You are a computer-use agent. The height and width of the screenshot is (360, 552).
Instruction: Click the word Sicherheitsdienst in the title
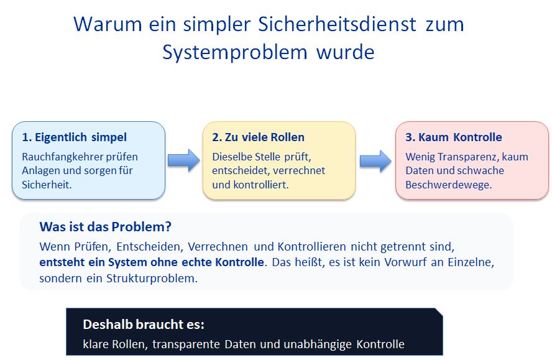click(x=338, y=24)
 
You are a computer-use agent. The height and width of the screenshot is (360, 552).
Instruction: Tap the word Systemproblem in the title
click(x=235, y=53)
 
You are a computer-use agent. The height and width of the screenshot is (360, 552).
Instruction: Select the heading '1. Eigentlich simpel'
click(x=74, y=137)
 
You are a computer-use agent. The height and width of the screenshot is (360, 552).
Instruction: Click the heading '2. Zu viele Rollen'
click(x=258, y=137)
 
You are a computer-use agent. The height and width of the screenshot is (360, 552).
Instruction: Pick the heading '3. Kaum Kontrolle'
click(x=453, y=137)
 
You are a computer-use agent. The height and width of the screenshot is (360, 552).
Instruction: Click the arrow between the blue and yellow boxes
click(x=184, y=160)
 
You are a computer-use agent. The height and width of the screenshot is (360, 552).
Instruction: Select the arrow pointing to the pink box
click(x=375, y=161)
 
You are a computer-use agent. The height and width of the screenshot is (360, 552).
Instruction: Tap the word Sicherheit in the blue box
click(x=47, y=185)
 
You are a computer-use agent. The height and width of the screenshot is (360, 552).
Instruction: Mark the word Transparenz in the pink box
click(x=467, y=157)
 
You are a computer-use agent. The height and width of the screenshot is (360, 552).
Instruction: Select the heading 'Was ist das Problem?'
click(x=105, y=227)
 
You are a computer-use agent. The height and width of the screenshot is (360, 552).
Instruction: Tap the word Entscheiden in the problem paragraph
click(x=150, y=247)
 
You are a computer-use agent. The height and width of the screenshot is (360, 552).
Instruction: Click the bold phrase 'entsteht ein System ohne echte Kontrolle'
click(x=152, y=262)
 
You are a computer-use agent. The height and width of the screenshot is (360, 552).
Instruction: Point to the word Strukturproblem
click(x=152, y=279)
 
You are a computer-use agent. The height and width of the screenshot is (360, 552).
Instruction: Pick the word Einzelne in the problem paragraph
click(x=471, y=262)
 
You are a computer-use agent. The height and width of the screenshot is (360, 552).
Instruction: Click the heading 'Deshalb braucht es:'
click(x=143, y=325)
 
